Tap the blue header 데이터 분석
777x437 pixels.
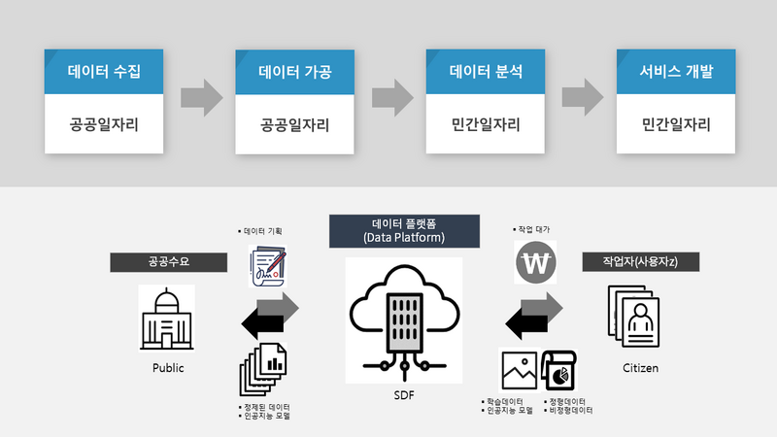(487, 72)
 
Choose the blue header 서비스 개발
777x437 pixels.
(677, 72)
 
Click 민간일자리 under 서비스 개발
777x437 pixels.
(677, 125)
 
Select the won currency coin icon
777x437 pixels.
(534, 262)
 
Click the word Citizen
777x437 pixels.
(640, 368)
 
